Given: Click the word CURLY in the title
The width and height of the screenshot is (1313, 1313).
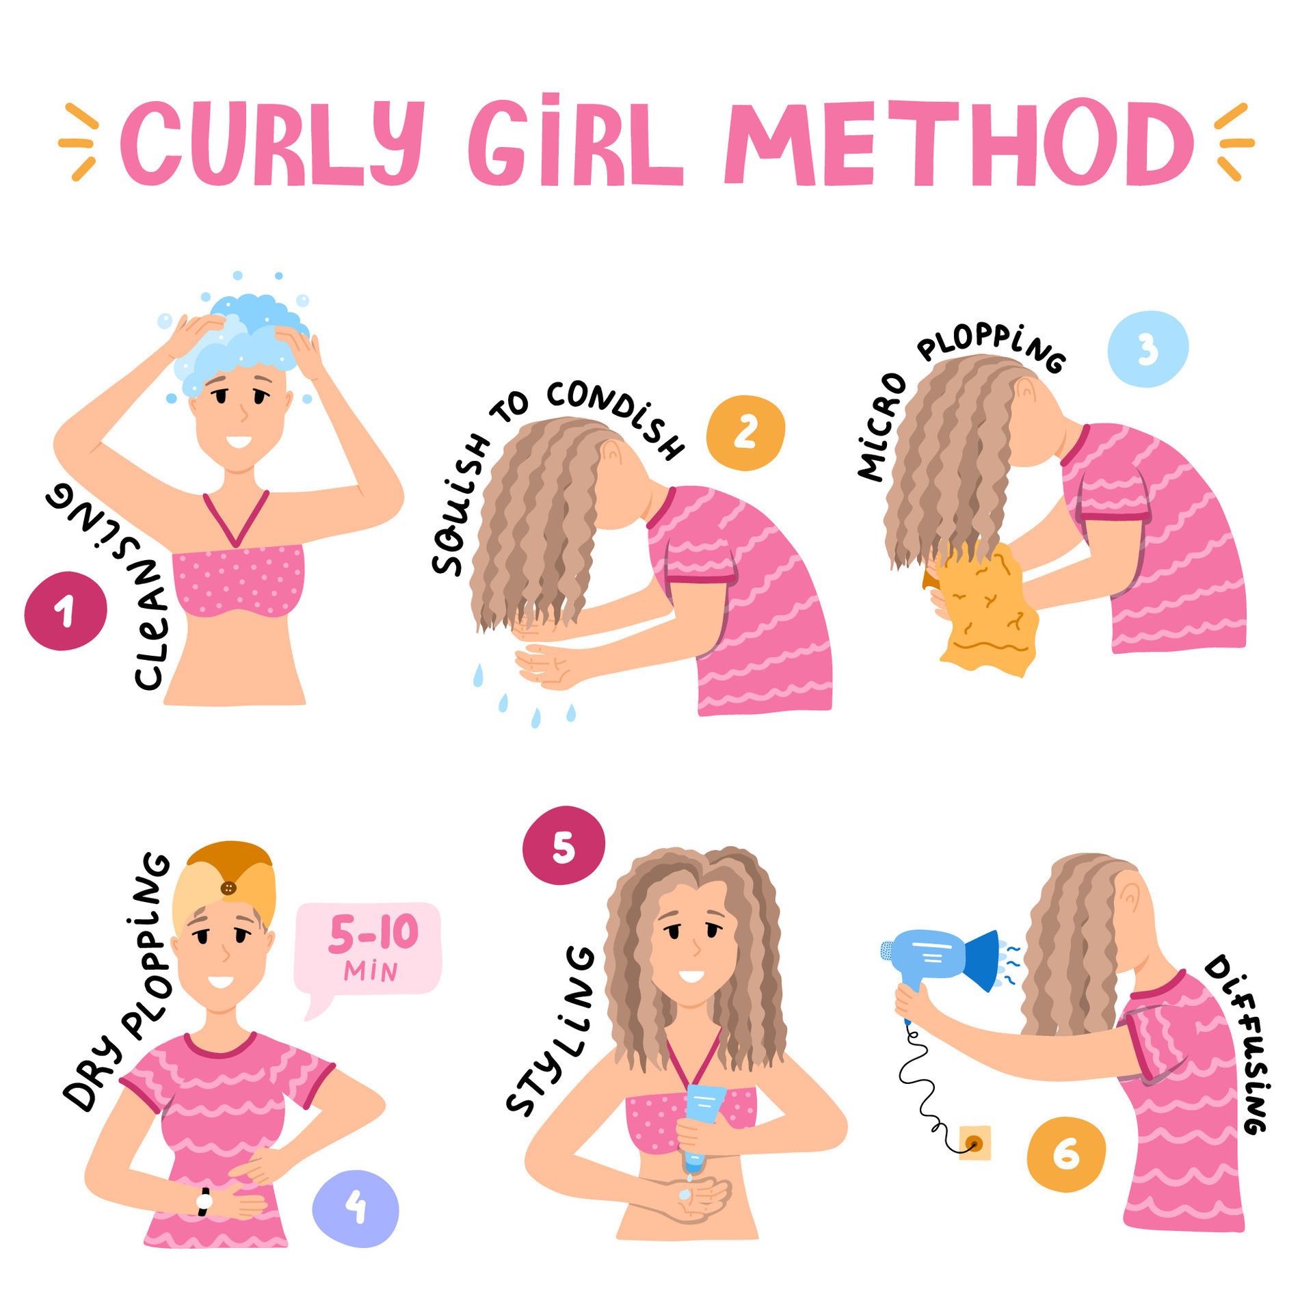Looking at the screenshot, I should point(270,144).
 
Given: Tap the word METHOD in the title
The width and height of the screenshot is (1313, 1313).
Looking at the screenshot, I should point(957,144).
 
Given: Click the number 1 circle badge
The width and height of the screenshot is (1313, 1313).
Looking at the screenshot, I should point(66,611).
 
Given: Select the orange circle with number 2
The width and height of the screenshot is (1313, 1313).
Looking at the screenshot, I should point(745,433).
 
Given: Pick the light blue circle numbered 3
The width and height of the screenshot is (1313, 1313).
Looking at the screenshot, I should point(1148,349).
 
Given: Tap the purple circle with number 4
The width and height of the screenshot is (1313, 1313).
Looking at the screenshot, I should point(356,1208).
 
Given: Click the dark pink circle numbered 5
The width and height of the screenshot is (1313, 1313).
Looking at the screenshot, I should point(563,846).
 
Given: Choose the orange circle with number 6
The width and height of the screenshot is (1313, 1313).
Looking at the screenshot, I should point(1065,1154).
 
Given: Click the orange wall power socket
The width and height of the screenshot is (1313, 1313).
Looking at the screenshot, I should point(974,1143).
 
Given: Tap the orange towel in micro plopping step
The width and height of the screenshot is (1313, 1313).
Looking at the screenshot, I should point(985,609).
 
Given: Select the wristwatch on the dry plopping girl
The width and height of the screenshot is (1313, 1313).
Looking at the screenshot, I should point(204,1202).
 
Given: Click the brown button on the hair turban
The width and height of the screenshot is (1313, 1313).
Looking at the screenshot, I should point(228,888).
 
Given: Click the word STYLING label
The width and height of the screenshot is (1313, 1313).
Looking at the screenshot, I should point(551,1033).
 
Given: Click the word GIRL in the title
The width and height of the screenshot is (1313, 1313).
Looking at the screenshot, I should point(574,144).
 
